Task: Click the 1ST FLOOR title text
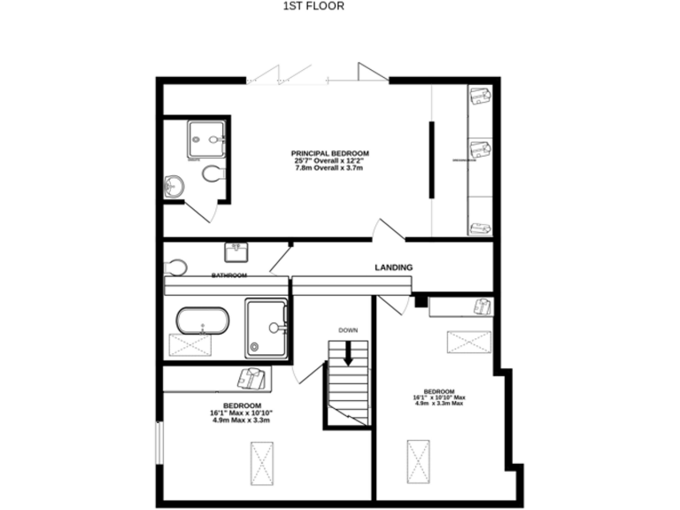pos(313,5)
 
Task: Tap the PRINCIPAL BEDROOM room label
pos(330,153)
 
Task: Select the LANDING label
pos(393,267)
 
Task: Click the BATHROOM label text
pos(228,276)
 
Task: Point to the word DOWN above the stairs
pos(348,330)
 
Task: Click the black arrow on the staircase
pos(348,352)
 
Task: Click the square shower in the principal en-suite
pos(206,139)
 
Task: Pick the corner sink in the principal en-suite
pos(173,186)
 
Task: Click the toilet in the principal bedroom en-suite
pos(212,174)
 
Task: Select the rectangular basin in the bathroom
pos(236,253)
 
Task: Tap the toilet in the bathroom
pos(175,267)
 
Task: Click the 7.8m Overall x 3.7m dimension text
pos(330,168)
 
